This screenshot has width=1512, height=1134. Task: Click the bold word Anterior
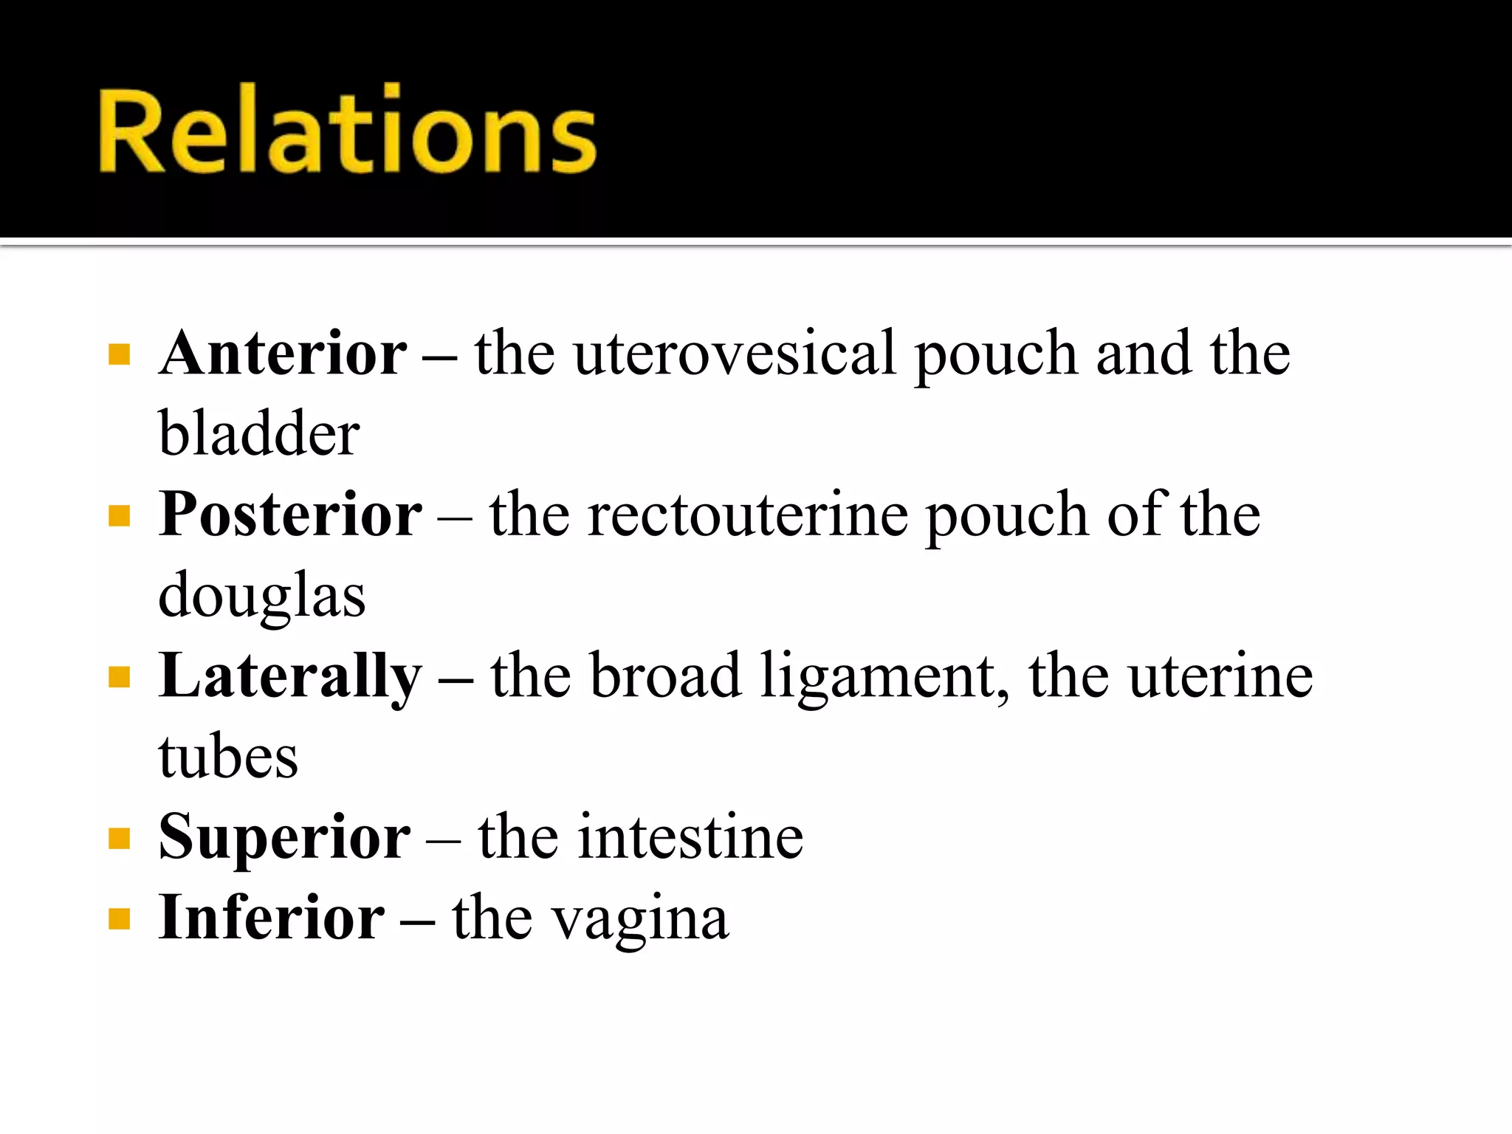click(x=283, y=354)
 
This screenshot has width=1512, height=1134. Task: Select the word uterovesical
click(x=735, y=354)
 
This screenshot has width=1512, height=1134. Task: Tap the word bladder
click(x=259, y=433)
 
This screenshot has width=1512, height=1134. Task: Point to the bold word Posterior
click(x=290, y=515)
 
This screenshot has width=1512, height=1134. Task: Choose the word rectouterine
click(x=747, y=515)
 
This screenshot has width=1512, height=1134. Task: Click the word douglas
click(x=262, y=595)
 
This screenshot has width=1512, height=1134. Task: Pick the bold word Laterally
click(x=290, y=676)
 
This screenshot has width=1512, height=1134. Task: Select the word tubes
click(x=228, y=757)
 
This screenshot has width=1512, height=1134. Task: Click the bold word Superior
click(x=284, y=837)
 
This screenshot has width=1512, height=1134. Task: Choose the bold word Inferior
click(x=271, y=918)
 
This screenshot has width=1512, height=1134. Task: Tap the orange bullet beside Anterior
click(x=119, y=355)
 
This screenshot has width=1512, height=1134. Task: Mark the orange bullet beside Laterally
click(x=119, y=677)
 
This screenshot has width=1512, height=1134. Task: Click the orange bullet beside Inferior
click(x=119, y=919)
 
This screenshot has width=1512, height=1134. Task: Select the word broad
click(x=666, y=676)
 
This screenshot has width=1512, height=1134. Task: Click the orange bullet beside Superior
click(x=119, y=839)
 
